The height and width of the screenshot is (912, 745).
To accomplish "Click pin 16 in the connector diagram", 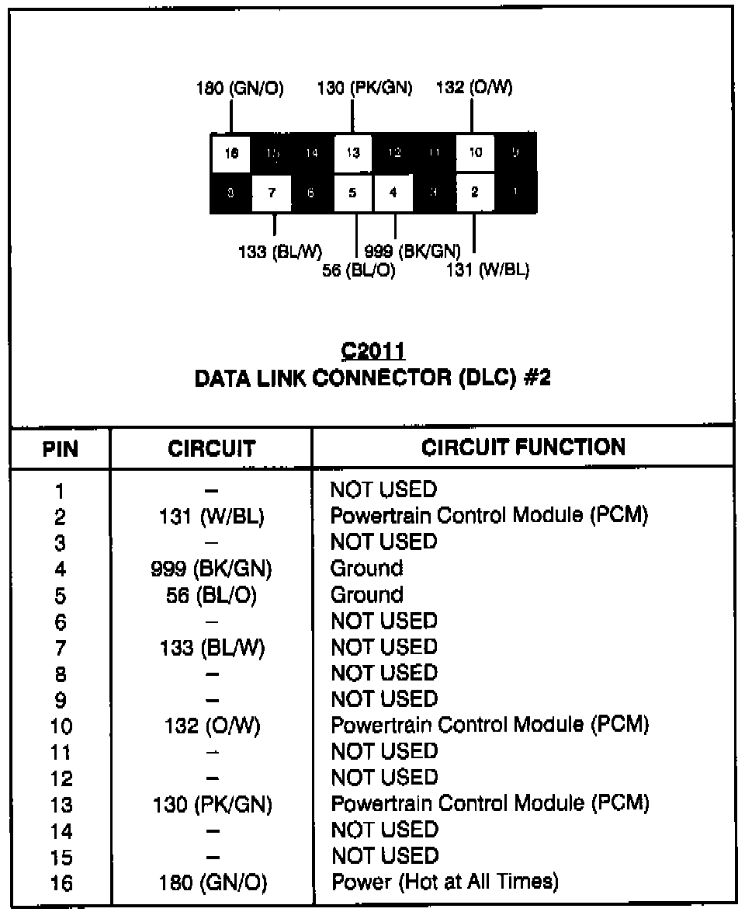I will [x=230, y=153].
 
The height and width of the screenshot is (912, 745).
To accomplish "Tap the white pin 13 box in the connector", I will [x=353, y=153].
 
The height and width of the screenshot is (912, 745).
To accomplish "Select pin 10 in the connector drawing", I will [x=475, y=153].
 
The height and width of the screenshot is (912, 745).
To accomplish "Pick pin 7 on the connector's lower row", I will [x=272, y=193].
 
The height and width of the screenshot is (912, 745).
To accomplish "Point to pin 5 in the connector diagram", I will [x=353, y=193].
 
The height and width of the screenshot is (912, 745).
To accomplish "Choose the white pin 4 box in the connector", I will [x=393, y=193].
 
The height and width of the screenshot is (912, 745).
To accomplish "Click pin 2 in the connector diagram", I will [x=475, y=193].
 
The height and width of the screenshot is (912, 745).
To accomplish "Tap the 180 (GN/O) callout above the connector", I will [x=239, y=88].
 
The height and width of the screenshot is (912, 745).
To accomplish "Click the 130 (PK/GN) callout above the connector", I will [x=364, y=88].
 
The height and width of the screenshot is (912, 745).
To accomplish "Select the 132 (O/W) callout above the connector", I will [x=474, y=88].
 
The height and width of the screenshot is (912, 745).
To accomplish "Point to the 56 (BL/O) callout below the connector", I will [x=359, y=270].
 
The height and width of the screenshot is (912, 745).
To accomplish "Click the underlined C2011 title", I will [x=372, y=350].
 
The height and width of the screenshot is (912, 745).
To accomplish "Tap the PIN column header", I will [x=61, y=448].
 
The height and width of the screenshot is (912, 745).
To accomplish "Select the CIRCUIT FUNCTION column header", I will [x=523, y=447].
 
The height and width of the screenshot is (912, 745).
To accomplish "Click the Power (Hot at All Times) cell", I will [x=445, y=882].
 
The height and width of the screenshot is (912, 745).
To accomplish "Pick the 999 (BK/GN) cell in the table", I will [x=212, y=569].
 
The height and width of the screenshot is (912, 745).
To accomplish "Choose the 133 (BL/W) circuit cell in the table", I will [x=212, y=648].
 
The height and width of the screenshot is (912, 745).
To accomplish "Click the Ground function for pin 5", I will [x=367, y=595].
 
